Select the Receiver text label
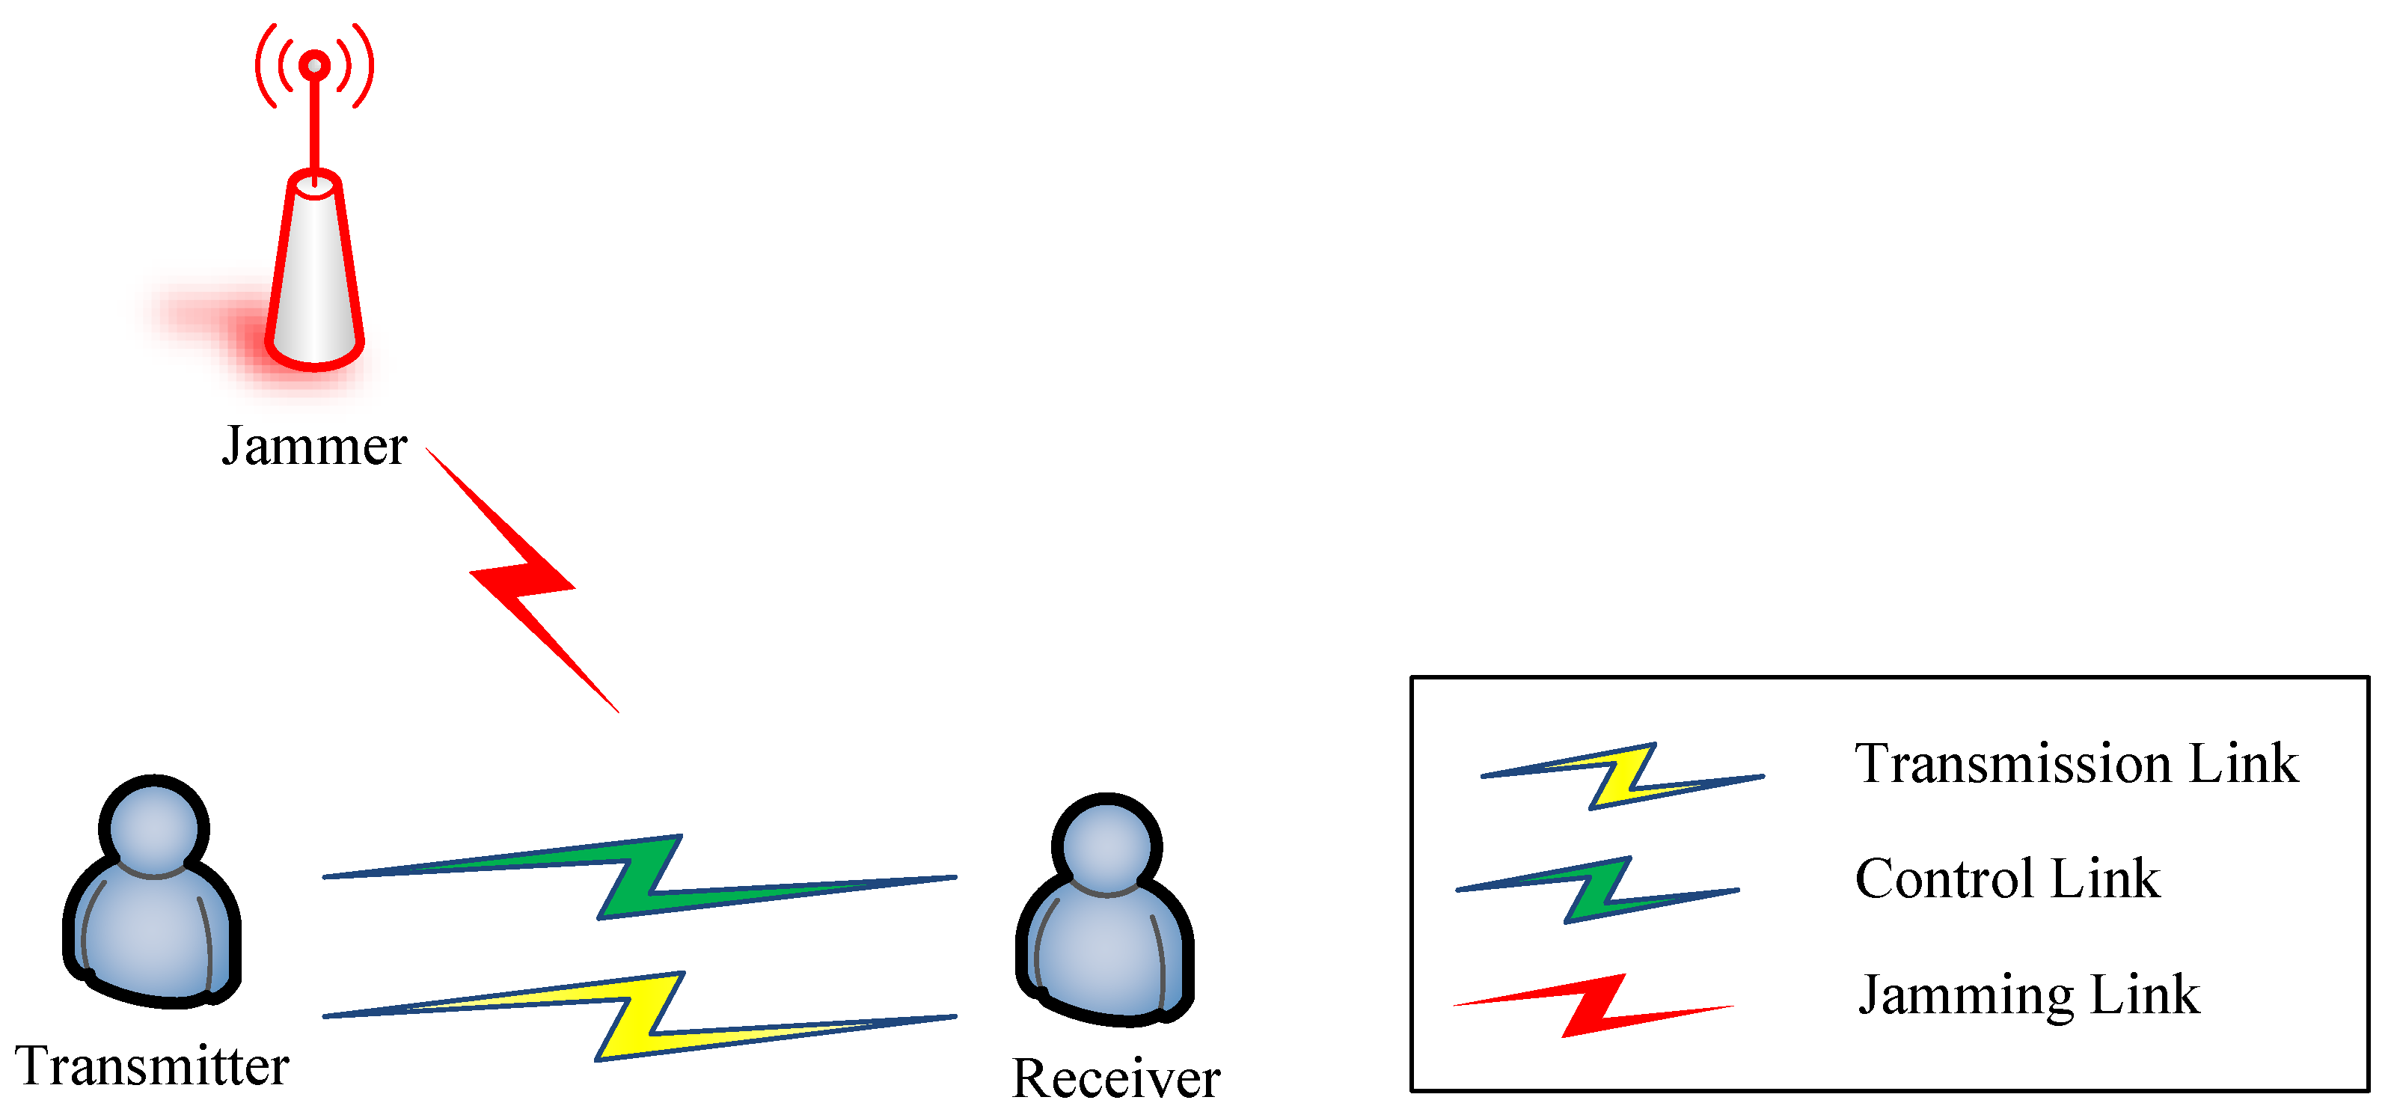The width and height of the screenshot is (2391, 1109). pos(1115,1078)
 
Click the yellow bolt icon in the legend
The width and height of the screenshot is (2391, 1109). pos(1620,776)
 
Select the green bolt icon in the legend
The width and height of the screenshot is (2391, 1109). pos(1596,890)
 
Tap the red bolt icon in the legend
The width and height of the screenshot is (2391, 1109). pos(1593,1005)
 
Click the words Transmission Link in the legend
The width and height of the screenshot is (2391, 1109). pos(2075,764)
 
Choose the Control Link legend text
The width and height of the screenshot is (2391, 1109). pos(2006,878)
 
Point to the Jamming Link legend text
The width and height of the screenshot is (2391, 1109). pos(2028,994)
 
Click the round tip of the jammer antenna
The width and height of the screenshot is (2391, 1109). pos(315,66)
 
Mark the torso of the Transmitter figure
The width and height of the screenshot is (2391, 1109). pos(151,938)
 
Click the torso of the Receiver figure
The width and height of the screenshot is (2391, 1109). pos(1104,956)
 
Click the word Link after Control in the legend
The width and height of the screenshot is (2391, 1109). pos(2104,878)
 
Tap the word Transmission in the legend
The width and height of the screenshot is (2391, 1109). pos(2012,764)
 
